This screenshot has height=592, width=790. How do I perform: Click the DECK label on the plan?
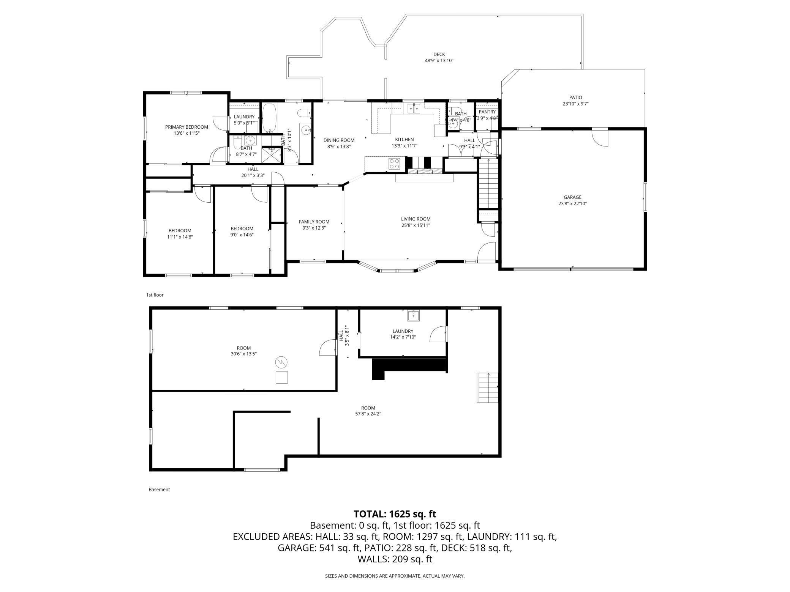[439, 54]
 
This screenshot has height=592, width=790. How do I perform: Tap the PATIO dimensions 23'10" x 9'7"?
[575, 104]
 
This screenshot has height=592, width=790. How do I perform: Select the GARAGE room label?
[572, 197]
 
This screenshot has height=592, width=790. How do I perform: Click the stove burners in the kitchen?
[394, 164]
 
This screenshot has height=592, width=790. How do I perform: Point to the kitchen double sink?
[414, 109]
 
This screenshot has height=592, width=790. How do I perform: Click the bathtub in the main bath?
[269, 118]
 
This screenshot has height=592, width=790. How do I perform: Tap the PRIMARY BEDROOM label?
[186, 127]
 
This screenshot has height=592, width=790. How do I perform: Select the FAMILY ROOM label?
[314, 222]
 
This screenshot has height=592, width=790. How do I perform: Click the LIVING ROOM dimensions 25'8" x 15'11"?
[416, 225]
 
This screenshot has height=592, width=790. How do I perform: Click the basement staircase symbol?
[488, 387]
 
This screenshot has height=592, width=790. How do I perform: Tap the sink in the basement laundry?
[413, 315]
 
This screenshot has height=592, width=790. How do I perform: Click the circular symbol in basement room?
[281, 362]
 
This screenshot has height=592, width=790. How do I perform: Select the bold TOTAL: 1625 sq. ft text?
[395, 514]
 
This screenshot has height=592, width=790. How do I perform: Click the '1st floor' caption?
[155, 295]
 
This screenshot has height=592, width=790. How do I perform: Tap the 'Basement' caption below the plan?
[159, 490]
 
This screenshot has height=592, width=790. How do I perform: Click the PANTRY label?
[487, 112]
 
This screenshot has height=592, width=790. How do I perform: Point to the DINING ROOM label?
[339, 140]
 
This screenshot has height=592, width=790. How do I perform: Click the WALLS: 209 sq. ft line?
[395, 559]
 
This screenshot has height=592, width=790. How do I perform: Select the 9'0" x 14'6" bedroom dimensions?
[242, 235]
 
